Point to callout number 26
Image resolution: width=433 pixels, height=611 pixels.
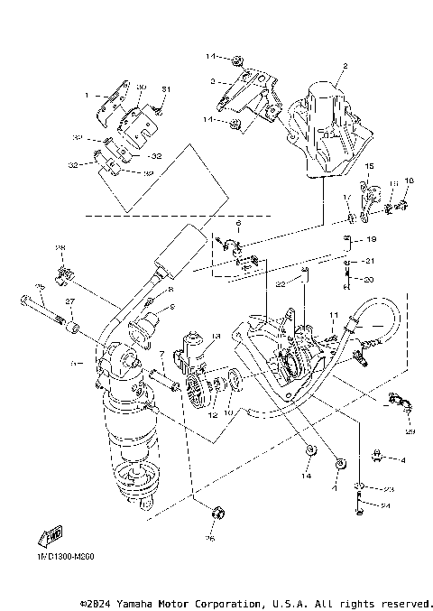coord(210,539)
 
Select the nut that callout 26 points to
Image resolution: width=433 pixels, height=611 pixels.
coord(216,515)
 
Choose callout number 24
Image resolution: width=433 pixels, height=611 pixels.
coord(384,506)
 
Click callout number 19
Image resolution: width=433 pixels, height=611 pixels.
coord(372,240)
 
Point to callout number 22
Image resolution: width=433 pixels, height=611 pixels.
coord(281,283)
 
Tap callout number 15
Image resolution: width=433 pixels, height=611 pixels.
coord(369,168)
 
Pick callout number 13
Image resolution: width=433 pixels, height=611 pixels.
coord(216,336)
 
